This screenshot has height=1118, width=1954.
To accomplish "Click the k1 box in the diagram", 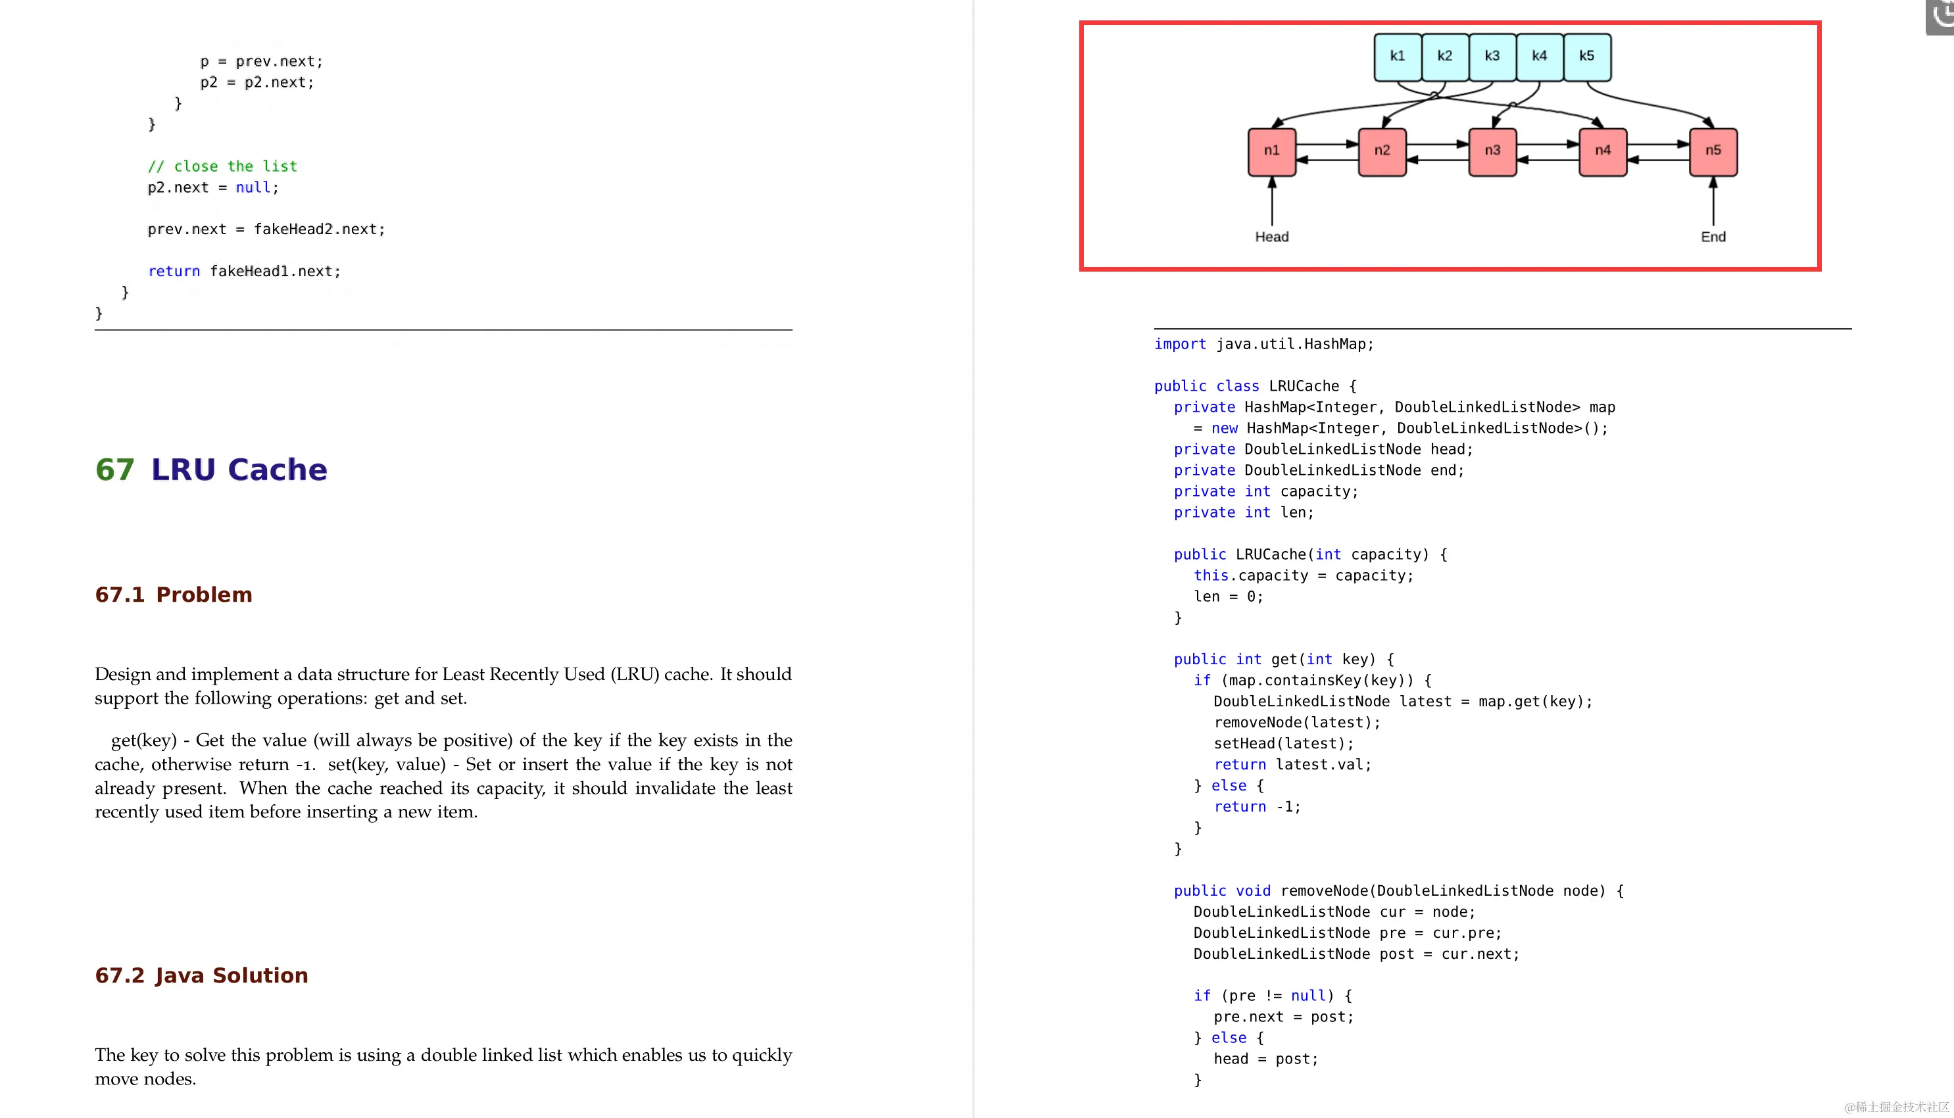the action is (1398, 57).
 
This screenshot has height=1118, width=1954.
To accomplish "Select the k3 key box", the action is (1492, 57).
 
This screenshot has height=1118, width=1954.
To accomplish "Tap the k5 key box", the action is (1586, 57).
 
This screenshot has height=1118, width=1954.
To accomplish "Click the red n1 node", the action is (1271, 151).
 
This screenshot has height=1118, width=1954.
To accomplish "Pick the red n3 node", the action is (1492, 151).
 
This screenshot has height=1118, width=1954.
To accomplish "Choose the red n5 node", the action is (1712, 151).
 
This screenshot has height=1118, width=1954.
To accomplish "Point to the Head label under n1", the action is (1271, 237).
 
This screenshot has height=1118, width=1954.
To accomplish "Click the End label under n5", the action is (1712, 237).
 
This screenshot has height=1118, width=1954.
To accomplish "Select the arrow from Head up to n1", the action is (1271, 201).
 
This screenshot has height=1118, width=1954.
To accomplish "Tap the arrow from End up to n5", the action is (1712, 201).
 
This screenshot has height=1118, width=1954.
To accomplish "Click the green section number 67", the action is (114, 469).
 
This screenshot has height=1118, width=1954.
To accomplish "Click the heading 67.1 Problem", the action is (174, 595).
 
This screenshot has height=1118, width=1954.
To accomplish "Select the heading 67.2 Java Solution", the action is (201, 975).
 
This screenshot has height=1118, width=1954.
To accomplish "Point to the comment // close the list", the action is (222, 166).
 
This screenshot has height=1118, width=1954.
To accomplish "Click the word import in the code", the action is (1179, 344).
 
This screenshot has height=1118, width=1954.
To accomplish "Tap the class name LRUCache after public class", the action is (1303, 386).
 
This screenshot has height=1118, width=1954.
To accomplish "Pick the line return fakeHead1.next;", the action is (243, 271).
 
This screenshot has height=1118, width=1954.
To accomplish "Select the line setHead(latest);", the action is (1283, 743).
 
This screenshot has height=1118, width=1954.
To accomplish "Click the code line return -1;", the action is (1257, 806).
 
